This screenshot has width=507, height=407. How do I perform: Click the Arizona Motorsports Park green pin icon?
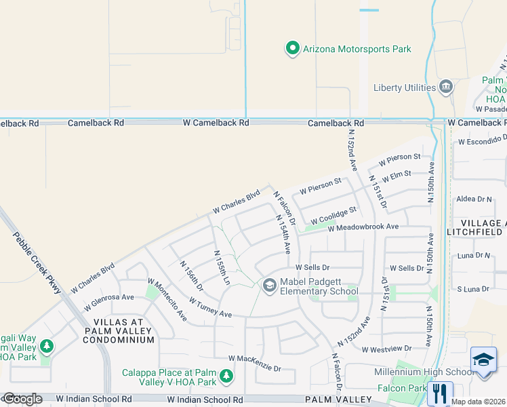[x=292, y=48]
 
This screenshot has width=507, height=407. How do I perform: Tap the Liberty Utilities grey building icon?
[x=446, y=87]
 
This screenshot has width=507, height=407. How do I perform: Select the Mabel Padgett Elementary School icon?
[x=269, y=286]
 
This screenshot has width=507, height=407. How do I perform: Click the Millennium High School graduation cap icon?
[x=483, y=359]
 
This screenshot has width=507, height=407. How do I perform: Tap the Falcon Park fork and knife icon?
[x=441, y=393]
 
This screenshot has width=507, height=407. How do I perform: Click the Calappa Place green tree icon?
[x=226, y=376]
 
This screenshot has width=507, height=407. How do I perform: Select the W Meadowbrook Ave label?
[x=363, y=228]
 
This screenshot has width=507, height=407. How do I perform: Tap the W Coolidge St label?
[x=333, y=216]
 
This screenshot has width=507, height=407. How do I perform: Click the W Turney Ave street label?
[x=205, y=310]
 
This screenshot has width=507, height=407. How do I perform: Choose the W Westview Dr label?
[x=386, y=349]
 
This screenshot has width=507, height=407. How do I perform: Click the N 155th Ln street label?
[x=222, y=267]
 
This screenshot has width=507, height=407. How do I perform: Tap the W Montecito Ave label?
[x=167, y=299]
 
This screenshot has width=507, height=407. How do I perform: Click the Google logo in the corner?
[x=22, y=400]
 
